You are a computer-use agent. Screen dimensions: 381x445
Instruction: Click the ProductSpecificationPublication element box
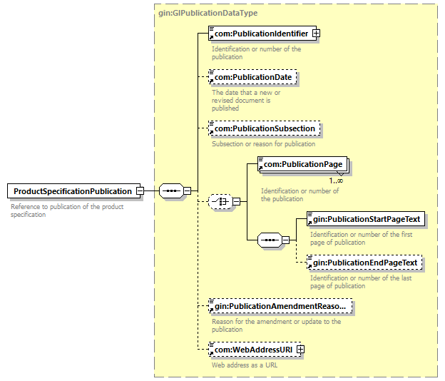tap(72, 191)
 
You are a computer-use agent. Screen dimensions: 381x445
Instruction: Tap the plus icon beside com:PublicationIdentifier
tap(316, 33)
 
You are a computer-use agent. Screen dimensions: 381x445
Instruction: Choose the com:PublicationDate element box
tap(252, 77)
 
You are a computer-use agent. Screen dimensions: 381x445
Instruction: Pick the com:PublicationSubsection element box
tap(265, 129)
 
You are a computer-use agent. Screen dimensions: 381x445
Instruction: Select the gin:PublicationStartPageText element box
tap(365, 219)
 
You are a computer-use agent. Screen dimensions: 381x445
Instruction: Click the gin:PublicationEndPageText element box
tap(364, 263)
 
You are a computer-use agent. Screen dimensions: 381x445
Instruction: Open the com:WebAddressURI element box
tap(252, 350)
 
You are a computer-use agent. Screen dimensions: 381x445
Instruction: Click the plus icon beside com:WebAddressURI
tap(300, 350)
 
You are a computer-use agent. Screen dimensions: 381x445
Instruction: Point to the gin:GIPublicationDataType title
tap(207, 13)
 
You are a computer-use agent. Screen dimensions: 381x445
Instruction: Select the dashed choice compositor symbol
tap(219, 202)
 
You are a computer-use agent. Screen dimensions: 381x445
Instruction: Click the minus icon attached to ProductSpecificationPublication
tap(140, 191)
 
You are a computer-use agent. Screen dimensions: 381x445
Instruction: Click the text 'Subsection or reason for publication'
tap(263, 144)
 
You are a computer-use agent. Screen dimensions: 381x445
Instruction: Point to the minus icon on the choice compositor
tap(236, 202)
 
